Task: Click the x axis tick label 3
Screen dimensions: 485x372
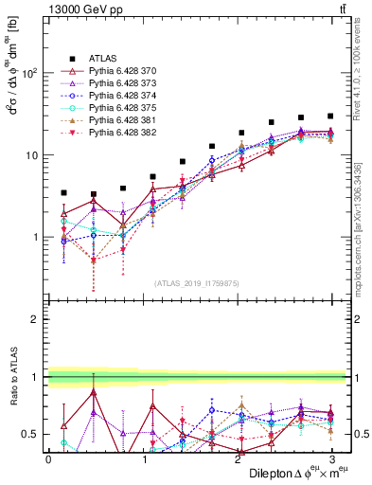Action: click(330, 458)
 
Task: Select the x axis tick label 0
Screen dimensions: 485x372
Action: click(48, 458)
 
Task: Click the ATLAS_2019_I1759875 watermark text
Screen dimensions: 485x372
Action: click(197, 281)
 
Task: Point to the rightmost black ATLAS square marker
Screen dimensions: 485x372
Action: click(330, 117)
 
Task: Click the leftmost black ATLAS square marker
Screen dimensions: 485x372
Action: click(63, 192)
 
